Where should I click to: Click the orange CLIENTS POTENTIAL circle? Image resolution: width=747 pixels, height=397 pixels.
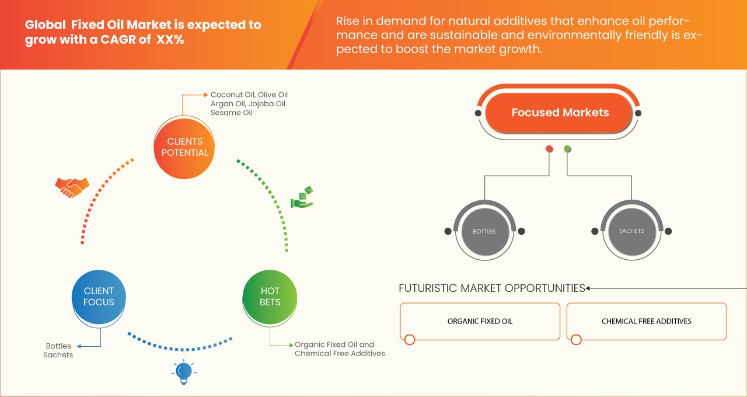pyautogui.click(x=184, y=147)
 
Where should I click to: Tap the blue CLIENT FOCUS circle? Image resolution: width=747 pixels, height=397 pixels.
pyautogui.click(x=99, y=297)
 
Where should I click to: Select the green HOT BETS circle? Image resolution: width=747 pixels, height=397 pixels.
pyautogui.click(x=270, y=297)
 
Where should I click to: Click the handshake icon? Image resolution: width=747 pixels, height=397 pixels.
pyautogui.click(x=72, y=186)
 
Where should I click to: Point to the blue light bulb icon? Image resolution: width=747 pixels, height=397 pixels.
pyautogui.click(x=184, y=372)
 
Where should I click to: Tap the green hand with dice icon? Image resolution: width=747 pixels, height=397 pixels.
pyautogui.click(x=302, y=198)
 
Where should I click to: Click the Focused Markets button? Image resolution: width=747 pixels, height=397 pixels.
pyautogui.click(x=560, y=113)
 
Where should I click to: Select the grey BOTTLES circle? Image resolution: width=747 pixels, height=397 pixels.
pyautogui.click(x=484, y=231)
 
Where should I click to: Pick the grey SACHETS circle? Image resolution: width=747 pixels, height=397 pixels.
pyautogui.click(x=631, y=231)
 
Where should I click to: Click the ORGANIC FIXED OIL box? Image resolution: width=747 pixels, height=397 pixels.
pyautogui.click(x=480, y=321)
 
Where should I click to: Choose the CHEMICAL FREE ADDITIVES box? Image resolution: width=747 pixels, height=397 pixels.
pyautogui.click(x=646, y=321)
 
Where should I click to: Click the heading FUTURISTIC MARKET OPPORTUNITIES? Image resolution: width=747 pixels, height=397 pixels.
pyautogui.click(x=491, y=288)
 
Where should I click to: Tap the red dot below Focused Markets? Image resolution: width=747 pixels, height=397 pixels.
pyautogui.click(x=549, y=149)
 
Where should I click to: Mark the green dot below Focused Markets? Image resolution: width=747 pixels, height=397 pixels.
pyautogui.click(x=567, y=149)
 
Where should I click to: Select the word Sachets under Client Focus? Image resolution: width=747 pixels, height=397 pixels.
pyautogui.click(x=58, y=355)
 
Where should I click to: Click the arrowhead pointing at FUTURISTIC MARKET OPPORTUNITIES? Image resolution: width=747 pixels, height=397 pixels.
pyautogui.click(x=588, y=288)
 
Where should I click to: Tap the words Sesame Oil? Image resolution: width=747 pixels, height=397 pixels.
pyautogui.click(x=232, y=113)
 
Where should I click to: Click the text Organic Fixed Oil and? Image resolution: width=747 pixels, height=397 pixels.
pyautogui.click(x=334, y=344)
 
